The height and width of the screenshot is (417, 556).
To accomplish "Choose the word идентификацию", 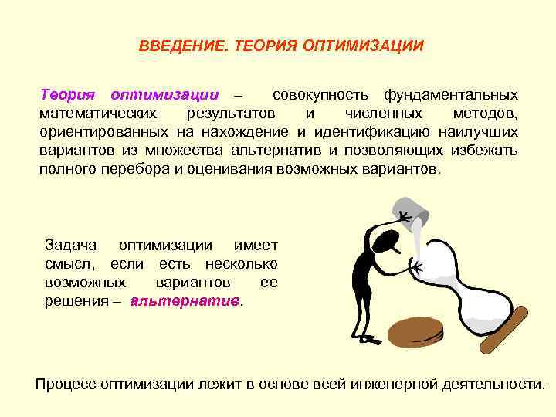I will point(392,132).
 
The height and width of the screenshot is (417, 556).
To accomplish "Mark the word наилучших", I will point(483,132).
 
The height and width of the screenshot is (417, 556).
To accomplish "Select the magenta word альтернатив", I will point(185,300).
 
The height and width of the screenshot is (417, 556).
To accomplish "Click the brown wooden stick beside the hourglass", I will point(503,329).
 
